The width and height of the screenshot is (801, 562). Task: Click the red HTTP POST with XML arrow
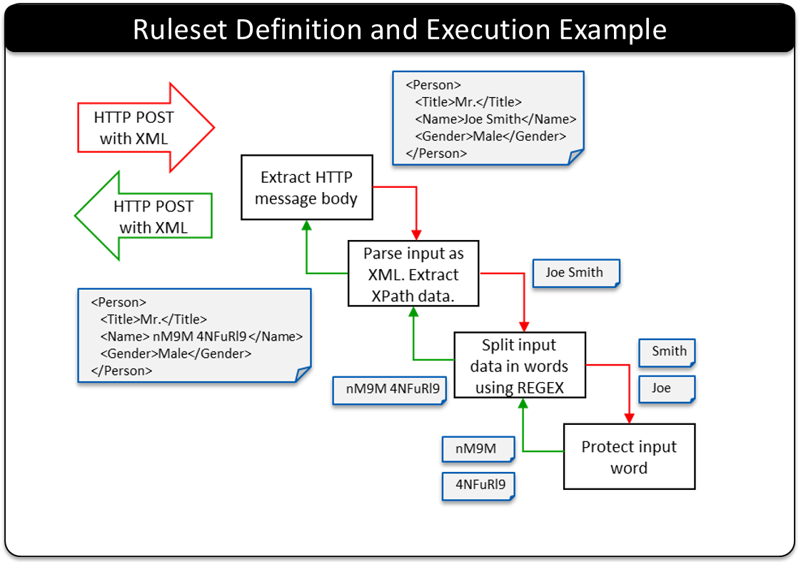coord(146,128)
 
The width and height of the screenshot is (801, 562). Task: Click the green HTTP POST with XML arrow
coord(143,216)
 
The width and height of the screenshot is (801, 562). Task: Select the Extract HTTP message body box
coord(306,188)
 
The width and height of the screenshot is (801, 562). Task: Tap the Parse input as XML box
coord(413,274)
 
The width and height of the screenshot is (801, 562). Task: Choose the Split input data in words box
coord(520,366)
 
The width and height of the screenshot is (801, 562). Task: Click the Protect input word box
coord(629,457)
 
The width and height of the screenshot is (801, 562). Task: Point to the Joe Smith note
coord(575,274)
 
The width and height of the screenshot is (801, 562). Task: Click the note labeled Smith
coord(667,353)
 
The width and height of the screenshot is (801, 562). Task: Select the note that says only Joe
coord(667,389)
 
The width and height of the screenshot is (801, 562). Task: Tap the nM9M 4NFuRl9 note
coord(389,391)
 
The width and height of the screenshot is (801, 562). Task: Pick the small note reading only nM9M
coord(478,449)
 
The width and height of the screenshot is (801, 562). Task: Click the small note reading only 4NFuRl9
coord(478,486)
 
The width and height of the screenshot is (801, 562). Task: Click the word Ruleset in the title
coord(180,29)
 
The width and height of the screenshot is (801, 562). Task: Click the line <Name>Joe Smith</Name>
coord(495,119)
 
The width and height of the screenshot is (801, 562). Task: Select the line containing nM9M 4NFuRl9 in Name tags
coord(201,336)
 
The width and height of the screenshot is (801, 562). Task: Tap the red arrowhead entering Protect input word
coord(629,418)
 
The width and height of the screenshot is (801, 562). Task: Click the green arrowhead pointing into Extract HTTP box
coord(306,226)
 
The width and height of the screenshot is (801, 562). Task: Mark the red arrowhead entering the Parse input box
coord(416,235)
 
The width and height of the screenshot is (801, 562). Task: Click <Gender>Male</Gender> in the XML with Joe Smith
coord(490,136)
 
